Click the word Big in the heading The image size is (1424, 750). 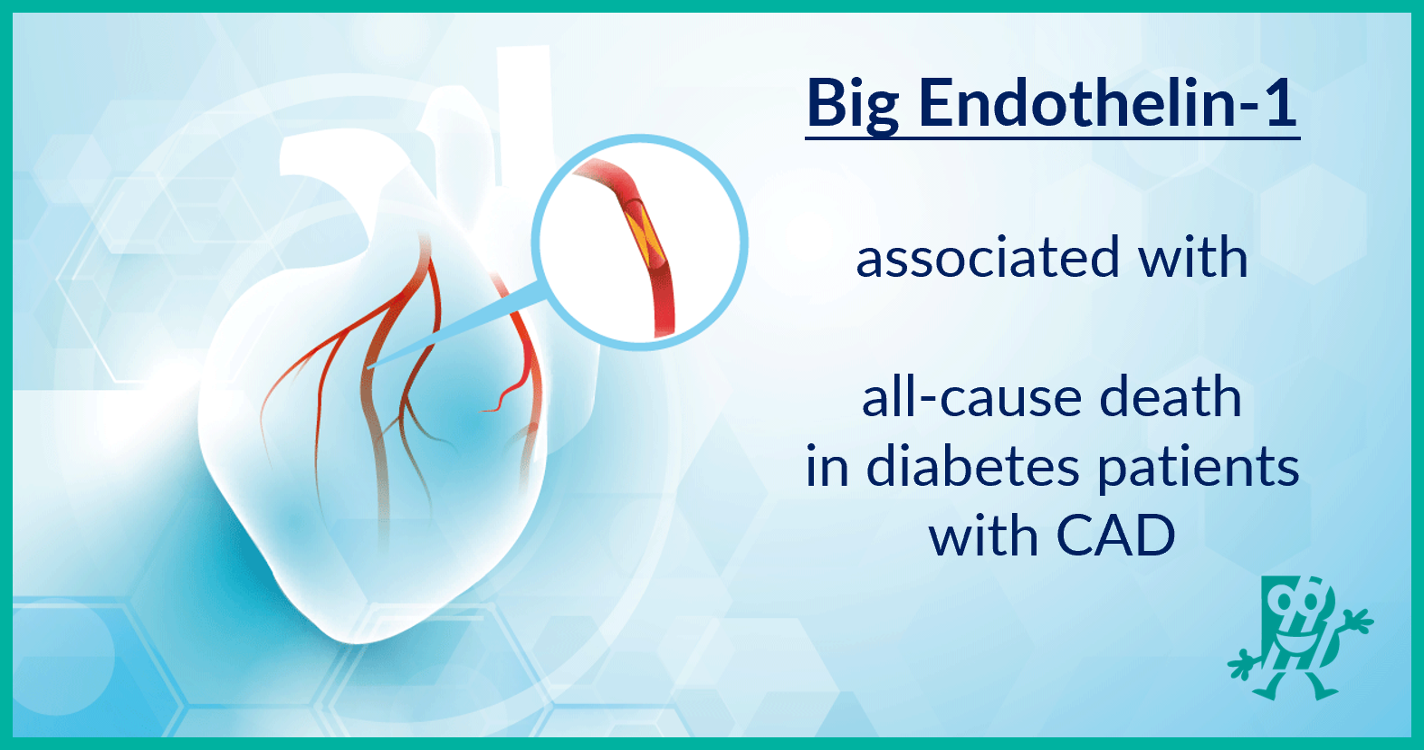[852, 105]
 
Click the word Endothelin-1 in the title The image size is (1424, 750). [1108, 103]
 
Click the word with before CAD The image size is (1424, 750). [983, 536]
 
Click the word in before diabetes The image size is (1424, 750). [827, 468]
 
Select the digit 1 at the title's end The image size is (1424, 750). [1280, 103]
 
